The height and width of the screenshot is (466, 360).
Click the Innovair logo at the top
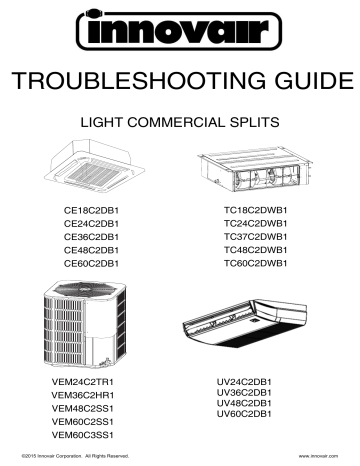pyautogui.click(x=179, y=30)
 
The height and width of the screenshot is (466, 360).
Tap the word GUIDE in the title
pyautogui.click(x=314, y=81)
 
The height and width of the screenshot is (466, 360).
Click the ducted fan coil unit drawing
pyautogui.click(x=255, y=169)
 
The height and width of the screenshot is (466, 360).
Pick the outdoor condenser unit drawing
pyautogui.click(x=85, y=324)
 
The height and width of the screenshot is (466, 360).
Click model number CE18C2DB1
pyautogui.click(x=91, y=211)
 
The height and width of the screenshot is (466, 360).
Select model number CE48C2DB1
pyautogui.click(x=91, y=250)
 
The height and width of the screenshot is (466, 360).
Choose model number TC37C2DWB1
pyautogui.click(x=255, y=237)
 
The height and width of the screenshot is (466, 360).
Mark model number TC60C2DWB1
pyautogui.click(x=255, y=263)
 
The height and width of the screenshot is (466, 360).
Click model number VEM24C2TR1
pyautogui.click(x=83, y=382)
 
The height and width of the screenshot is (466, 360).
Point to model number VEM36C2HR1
pyautogui.click(x=83, y=395)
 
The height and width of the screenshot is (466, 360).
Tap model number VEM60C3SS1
pyautogui.click(x=83, y=435)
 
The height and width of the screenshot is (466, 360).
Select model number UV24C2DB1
pyautogui.click(x=244, y=382)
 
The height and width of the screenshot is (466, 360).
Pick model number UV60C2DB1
pyautogui.click(x=244, y=414)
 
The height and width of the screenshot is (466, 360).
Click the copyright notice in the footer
pyautogui.click(x=75, y=456)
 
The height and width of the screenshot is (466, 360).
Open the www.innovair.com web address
pyautogui.click(x=318, y=456)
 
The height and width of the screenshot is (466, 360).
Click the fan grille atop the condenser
pyautogui.click(x=86, y=290)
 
